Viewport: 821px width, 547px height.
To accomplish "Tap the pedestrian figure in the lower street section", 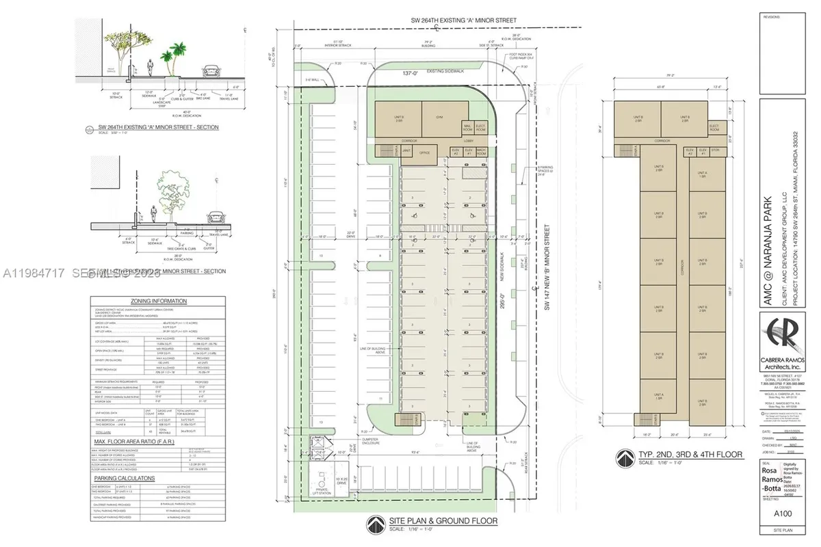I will [x=155, y=213].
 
